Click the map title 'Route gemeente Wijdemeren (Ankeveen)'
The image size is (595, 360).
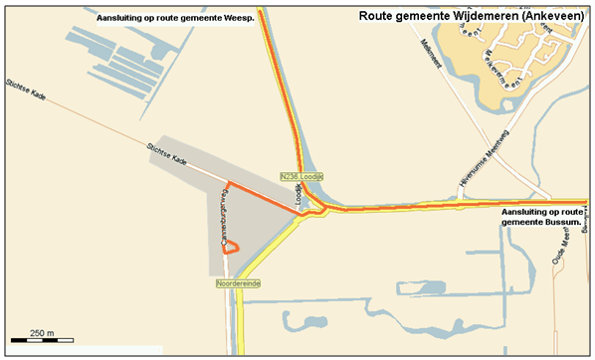(472, 16)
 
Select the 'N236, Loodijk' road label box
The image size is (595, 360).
(302, 176)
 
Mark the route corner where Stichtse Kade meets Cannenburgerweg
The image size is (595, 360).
(228, 183)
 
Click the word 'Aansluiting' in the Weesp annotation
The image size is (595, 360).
(124, 19)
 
